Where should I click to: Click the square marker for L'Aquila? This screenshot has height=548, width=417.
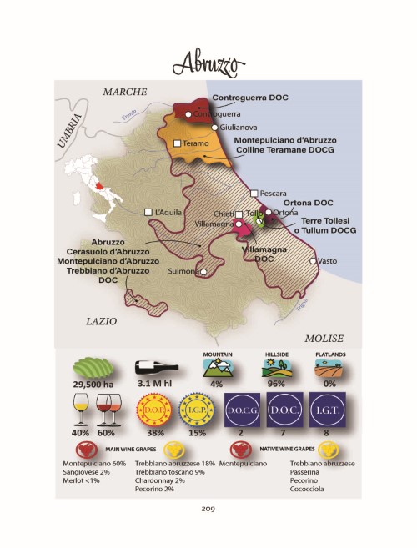148,212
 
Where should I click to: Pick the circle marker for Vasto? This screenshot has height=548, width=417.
313,262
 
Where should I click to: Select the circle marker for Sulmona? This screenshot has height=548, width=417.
203,271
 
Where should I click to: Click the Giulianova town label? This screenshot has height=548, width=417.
238,128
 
